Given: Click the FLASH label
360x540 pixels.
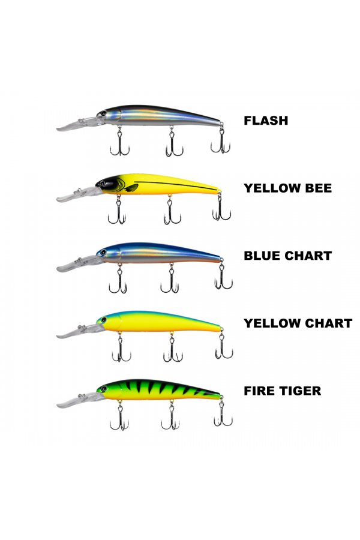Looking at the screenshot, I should pyautogui.click(x=265, y=121).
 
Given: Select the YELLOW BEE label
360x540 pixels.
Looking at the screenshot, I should pyautogui.click(x=287, y=188).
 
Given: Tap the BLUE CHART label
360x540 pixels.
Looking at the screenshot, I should pyautogui.click(x=287, y=256).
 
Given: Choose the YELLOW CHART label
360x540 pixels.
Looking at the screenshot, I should pyautogui.click(x=298, y=323).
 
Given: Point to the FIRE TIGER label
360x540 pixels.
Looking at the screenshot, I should pyautogui.click(x=282, y=391).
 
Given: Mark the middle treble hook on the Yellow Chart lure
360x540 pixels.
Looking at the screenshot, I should pyautogui.click(x=172, y=350).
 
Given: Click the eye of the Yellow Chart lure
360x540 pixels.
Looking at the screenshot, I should pyautogui.click(x=103, y=320).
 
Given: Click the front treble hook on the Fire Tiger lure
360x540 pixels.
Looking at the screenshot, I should pyautogui.click(x=118, y=418).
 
